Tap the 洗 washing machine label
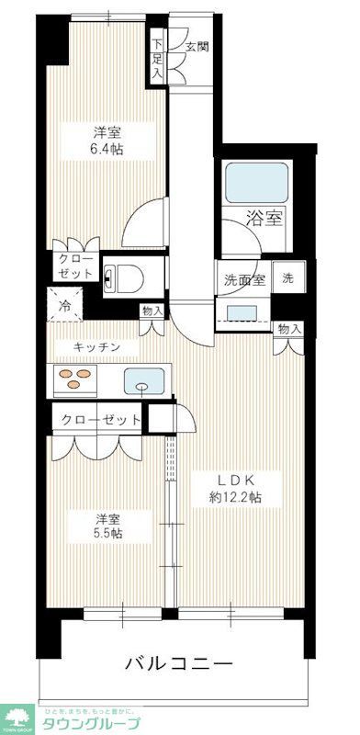pos(288,278)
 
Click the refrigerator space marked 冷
pos(65,304)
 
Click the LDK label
pos(234,479)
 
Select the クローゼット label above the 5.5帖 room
pos(102,420)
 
